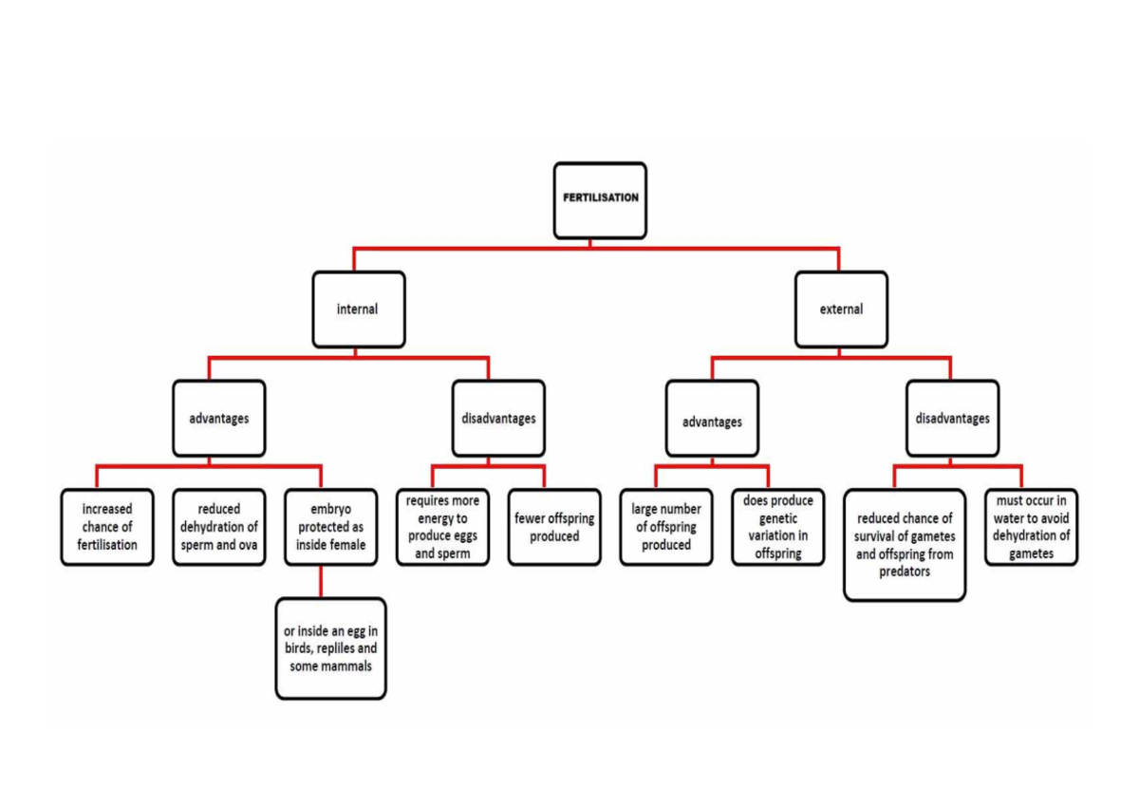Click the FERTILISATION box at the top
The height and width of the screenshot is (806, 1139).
click(x=600, y=200)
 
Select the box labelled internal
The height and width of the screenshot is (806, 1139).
click(x=359, y=309)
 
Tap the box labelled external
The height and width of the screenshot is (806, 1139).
click(x=842, y=309)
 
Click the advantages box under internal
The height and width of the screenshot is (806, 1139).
click(x=219, y=418)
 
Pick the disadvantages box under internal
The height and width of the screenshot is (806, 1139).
click(x=499, y=418)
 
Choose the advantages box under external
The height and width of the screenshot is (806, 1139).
click(x=713, y=418)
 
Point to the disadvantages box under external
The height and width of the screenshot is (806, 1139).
click(x=952, y=418)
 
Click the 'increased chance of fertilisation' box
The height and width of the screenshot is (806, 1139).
click(x=107, y=527)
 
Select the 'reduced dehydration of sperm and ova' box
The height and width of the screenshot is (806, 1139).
click(x=219, y=527)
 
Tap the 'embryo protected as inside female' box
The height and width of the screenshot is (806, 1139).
click(x=331, y=527)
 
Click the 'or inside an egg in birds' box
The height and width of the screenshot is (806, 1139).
click(x=331, y=648)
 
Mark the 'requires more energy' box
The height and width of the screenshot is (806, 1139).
click(x=443, y=527)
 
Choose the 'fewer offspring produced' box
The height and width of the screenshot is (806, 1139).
click(x=554, y=527)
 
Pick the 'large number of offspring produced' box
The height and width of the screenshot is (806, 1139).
click(x=666, y=527)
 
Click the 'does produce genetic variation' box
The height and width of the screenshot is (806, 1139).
click(x=778, y=527)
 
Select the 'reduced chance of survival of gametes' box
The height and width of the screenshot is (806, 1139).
click(x=905, y=545)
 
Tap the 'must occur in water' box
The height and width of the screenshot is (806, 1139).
click(x=1031, y=527)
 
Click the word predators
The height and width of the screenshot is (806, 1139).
click(x=905, y=572)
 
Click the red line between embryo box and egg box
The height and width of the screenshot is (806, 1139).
click(x=321, y=582)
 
